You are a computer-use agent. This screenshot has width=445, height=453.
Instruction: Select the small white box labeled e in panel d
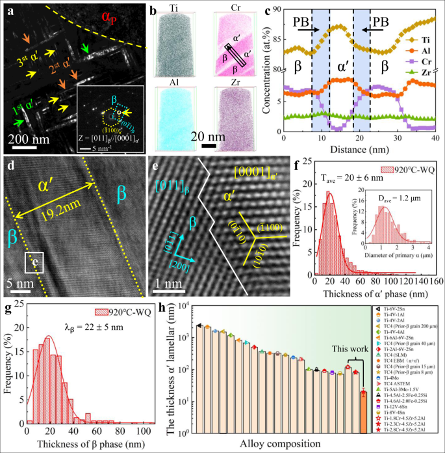[35, 264]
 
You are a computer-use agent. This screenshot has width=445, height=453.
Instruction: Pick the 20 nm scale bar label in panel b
[209, 137]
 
